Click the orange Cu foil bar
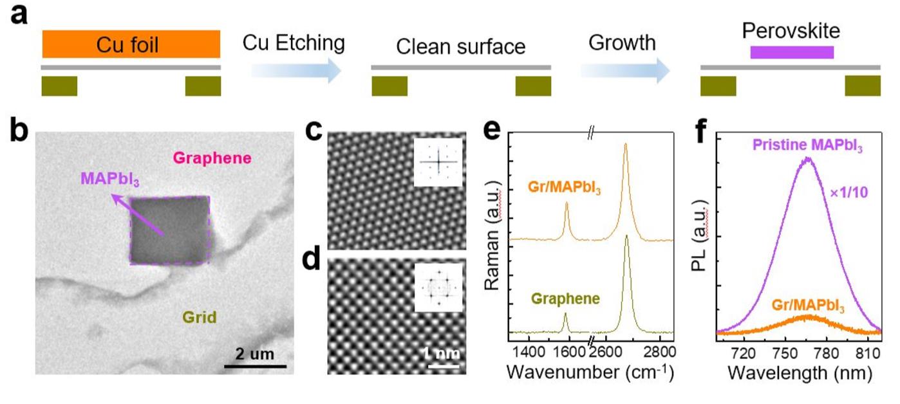point(131,44)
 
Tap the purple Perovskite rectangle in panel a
point(792,52)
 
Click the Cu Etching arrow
point(295,68)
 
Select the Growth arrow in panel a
point(624,68)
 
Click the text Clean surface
point(460,47)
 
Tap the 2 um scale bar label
point(255,353)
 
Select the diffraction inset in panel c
point(438,161)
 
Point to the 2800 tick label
point(659,351)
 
